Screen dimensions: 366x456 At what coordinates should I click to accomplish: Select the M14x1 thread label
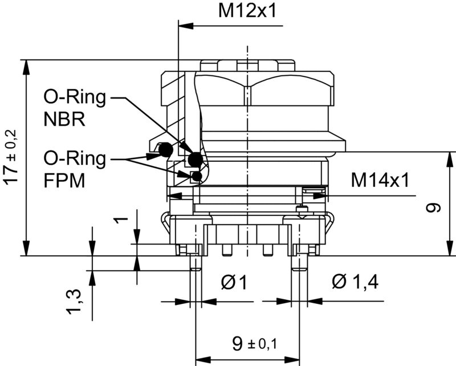[x=380, y=181]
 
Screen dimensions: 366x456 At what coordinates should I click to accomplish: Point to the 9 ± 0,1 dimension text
[x=254, y=343]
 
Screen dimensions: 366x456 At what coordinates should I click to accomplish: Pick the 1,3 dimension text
[x=75, y=300]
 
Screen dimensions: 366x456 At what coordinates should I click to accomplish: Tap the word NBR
[x=64, y=120]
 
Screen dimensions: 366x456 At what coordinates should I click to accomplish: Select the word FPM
[x=64, y=181]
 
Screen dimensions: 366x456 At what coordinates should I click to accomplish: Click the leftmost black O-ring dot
[x=165, y=150]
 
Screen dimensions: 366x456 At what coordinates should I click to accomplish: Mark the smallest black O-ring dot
[x=197, y=176]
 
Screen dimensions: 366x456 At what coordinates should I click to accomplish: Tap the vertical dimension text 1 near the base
[x=119, y=219]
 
